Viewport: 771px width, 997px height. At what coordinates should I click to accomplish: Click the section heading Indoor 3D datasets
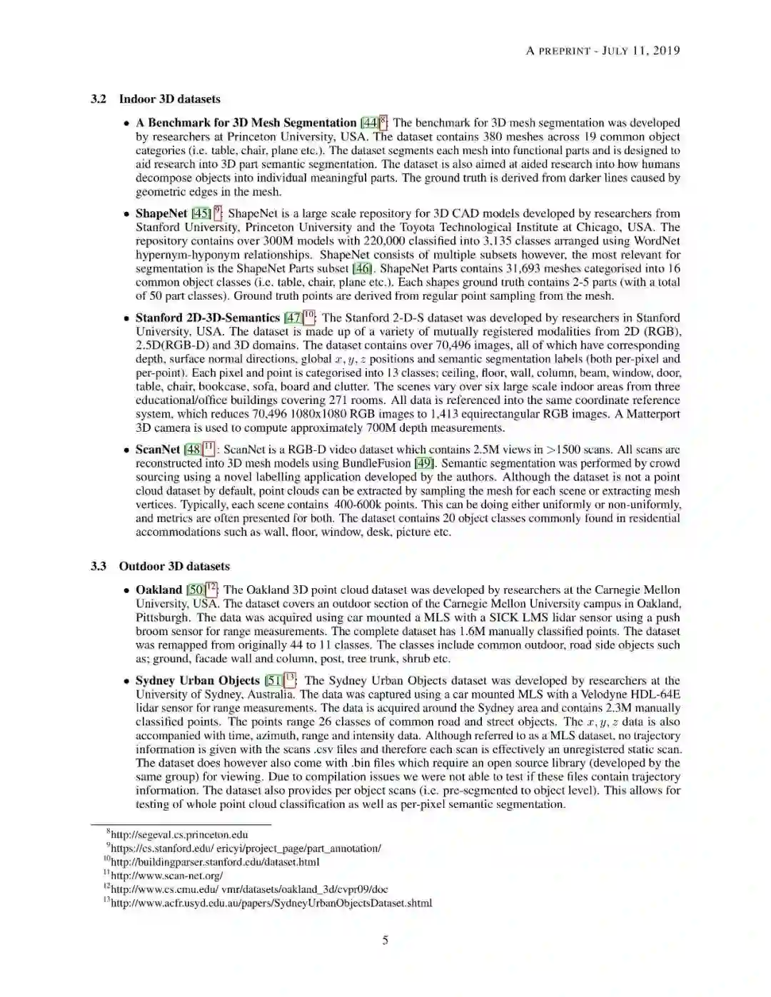point(169,99)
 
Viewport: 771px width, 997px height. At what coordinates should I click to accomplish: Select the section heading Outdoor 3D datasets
point(174,566)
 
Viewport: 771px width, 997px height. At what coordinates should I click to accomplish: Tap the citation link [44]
point(369,123)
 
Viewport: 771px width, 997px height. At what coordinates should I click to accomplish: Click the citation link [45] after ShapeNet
point(201,213)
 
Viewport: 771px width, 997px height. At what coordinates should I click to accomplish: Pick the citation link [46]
point(363,268)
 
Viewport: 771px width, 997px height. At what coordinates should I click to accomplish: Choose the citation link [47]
point(293,318)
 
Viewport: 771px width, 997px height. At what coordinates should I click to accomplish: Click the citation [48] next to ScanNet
point(193,450)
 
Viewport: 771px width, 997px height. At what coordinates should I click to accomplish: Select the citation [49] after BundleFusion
point(425,463)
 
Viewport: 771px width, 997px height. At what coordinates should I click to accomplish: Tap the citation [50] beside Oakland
point(195,590)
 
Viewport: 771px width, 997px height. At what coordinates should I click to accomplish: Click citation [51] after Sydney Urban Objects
point(273,681)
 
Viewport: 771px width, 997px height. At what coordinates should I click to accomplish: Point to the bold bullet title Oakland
point(158,590)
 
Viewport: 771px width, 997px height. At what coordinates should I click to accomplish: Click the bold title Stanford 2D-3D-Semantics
point(207,318)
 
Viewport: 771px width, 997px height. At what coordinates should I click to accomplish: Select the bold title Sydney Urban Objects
point(197,681)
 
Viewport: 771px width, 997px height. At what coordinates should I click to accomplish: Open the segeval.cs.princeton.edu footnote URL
point(179,834)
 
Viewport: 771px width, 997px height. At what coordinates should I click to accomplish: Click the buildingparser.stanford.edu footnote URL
point(215,862)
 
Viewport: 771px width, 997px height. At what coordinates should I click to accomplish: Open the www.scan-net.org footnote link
point(167,876)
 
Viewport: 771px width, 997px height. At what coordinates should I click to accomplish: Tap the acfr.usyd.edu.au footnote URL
point(271,903)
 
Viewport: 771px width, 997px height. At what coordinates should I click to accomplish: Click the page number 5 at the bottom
point(385,940)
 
